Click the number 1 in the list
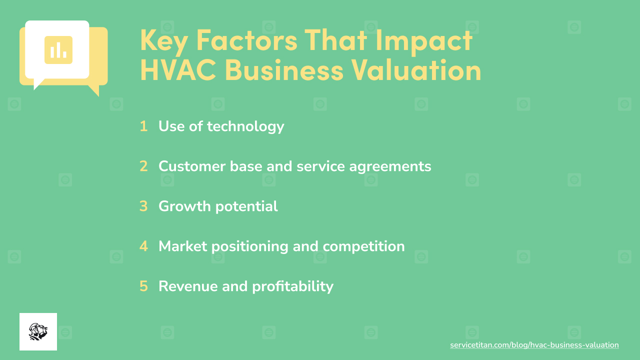[x=143, y=126]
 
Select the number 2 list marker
[x=143, y=166]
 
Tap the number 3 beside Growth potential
[x=143, y=206]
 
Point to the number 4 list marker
[x=143, y=246]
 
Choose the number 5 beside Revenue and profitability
[x=143, y=286]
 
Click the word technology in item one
[x=245, y=127]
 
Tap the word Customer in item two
[x=192, y=166]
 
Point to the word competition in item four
[x=363, y=247]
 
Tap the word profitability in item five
[x=292, y=287]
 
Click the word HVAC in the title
[x=178, y=69]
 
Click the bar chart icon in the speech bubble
[x=58, y=50]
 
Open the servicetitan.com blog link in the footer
[x=534, y=345]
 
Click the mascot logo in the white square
[x=38, y=331]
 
